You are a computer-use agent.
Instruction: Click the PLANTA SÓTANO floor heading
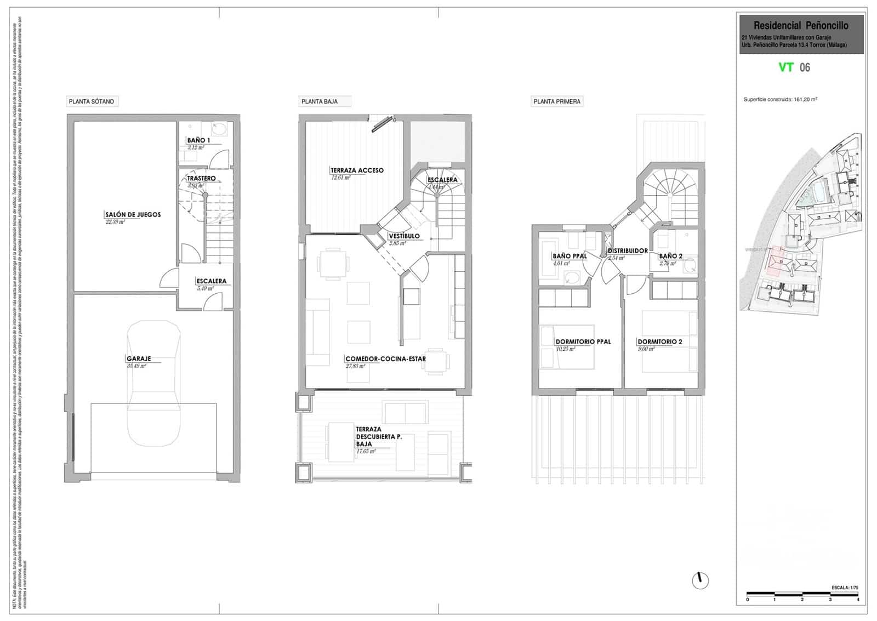(92, 101)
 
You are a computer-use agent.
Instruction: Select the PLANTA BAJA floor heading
(320, 101)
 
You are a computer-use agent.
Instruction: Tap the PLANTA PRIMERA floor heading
(557, 101)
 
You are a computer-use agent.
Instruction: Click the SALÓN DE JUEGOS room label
(133, 214)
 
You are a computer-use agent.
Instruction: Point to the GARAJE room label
(139, 359)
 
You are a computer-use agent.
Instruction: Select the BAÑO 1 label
(198, 140)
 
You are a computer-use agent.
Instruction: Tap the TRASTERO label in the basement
(201, 178)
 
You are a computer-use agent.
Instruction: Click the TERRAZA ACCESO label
(357, 170)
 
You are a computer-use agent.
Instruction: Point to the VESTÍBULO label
(405, 236)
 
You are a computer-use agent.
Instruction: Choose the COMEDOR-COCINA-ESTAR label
(385, 359)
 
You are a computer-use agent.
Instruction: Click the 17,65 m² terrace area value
(366, 452)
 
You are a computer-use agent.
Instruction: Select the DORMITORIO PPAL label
(583, 341)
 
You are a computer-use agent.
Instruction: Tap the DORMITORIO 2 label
(660, 341)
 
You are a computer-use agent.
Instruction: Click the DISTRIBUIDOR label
(628, 250)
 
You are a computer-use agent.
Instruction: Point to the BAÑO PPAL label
(570, 256)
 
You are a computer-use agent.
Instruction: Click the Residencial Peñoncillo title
(801, 25)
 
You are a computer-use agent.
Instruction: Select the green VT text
(786, 67)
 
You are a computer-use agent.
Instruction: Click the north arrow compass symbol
(700, 580)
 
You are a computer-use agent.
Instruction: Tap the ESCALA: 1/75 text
(845, 588)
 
